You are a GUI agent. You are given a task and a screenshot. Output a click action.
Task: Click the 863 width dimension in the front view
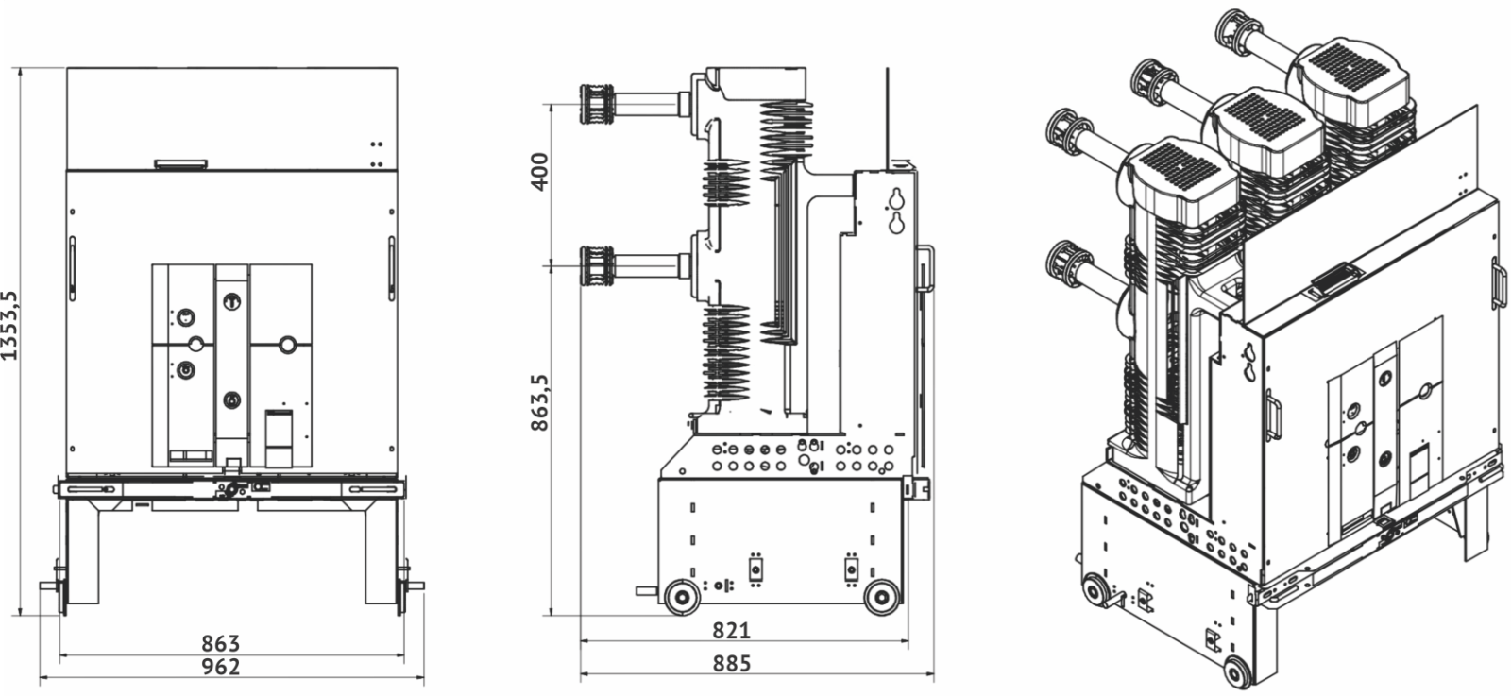[221, 644]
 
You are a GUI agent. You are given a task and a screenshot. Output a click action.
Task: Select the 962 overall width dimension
[221, 667]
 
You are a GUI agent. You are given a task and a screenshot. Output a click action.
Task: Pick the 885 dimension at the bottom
[732, 664]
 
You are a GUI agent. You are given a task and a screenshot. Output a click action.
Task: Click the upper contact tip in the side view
[596, 102]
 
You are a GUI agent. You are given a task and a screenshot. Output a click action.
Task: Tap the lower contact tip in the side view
[596, 264]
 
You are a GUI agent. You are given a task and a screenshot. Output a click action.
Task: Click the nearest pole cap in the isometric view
[1181, 178]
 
